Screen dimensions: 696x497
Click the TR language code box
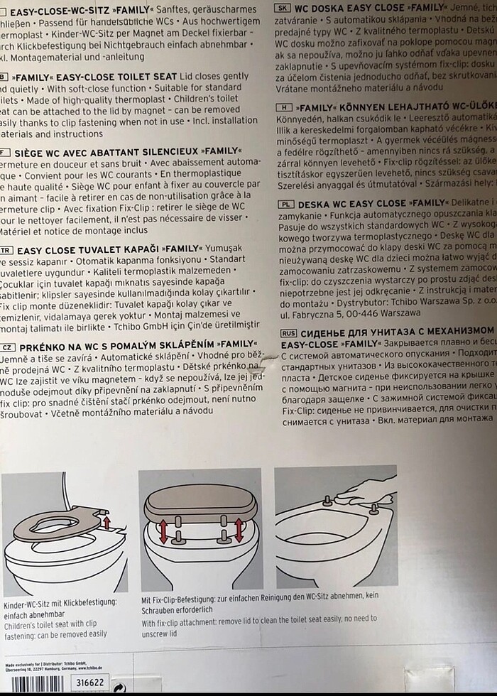[6, 251]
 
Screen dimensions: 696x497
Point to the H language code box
[282, 107]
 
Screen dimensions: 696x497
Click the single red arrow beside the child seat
[107, 522]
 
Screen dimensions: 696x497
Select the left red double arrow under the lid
[163, 531]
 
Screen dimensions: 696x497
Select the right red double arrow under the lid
[239, 529]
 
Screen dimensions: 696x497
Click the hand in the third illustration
[369, 491]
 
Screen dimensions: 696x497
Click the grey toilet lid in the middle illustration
[200, 506]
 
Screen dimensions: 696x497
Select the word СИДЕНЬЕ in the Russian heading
[333, 332]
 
